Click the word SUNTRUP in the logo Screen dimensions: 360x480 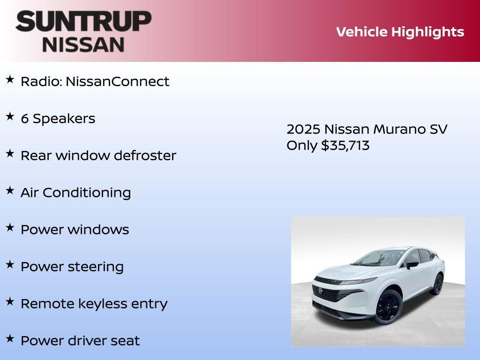click(x=83, y=22)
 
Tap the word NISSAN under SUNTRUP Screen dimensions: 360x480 click(x=83, y=44)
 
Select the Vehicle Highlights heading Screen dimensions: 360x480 click(x=400, y=32)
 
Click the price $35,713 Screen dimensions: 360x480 click(x=345, y=145)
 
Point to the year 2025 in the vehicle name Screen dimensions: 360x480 click(x=303, y=129)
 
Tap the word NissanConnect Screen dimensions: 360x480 click(x=117, y=82)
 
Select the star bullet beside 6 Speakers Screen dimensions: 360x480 click(x=10, y=117)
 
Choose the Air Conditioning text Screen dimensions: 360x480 click(x=75, y=193)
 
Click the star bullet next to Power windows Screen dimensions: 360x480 click(x=10, y=228)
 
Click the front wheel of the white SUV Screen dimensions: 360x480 click(x=388, y=306)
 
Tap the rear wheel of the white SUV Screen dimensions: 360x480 click(x=437, y=284)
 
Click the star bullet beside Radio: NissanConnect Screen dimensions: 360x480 click(x=10, y=80)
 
